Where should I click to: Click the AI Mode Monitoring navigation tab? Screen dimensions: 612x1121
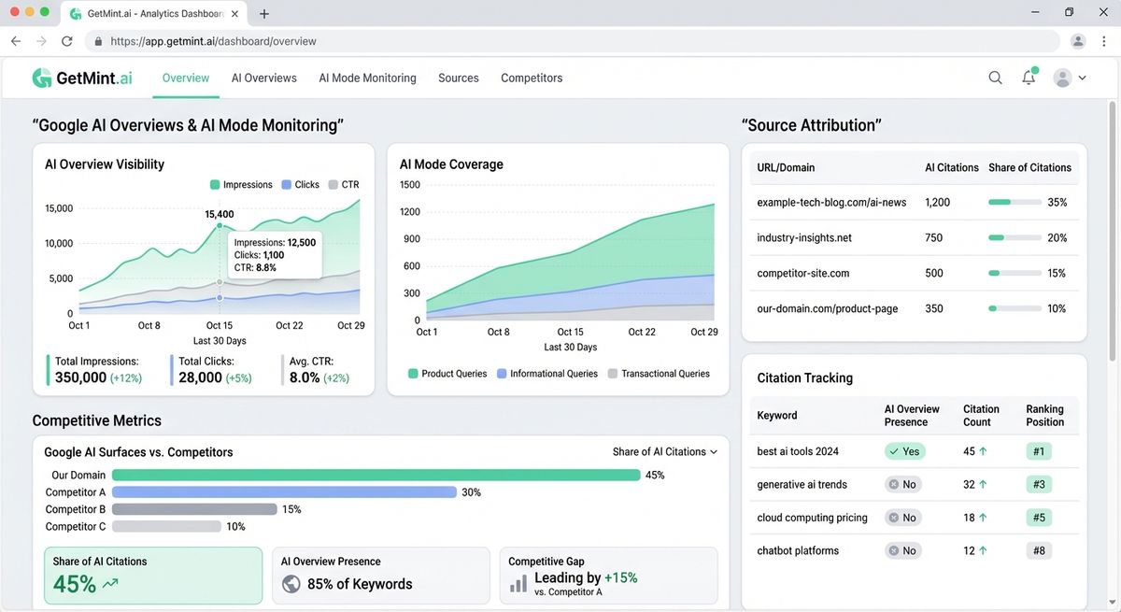click(x=367, y=78)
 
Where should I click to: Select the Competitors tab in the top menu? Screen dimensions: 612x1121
click(x=532, y=78)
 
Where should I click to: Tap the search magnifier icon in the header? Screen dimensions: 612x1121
click(x=995, y=78)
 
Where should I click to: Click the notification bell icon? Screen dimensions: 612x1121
click(x=1029, y=78)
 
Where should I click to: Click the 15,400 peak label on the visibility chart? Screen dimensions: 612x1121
click(x=220, y=214)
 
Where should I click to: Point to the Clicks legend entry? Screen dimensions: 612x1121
click(x=300, y=185)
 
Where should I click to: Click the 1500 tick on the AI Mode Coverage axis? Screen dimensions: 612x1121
click(x=410, y=185)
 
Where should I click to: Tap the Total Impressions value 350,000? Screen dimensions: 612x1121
click(x=81, y=377)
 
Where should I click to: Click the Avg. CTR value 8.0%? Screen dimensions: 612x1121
click(x=305, y=377)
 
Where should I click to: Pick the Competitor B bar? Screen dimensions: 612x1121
click(x=194, y=509)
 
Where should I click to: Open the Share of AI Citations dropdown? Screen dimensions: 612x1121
click(x=664, y=452)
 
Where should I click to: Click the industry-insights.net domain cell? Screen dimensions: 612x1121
click(x=804, y=238)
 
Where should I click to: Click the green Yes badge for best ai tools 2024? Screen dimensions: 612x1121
click(x=904, y=451)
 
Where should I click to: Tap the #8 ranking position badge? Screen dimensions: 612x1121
click(x=1038, y=551)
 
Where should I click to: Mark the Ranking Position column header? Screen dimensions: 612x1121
click(x=1044, y=416)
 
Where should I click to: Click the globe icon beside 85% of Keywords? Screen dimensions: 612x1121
click(x=291, y=585)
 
